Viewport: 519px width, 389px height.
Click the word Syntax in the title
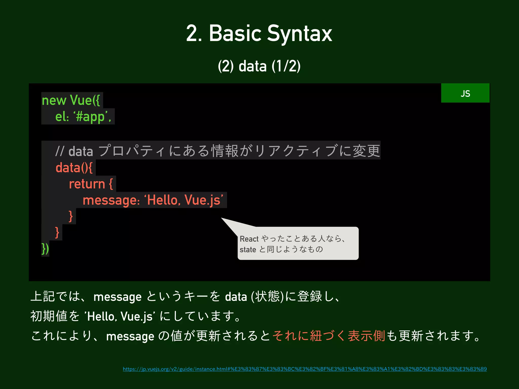(x=300, y=34)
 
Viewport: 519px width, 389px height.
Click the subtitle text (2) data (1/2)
(x=259, y=66)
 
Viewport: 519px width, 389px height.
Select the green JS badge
(x=465, y=93)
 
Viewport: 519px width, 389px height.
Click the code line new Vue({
(x=71, y=100)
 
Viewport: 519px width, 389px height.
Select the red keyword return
(x=87, y=184)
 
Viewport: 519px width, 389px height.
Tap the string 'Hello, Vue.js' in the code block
(x=184, y=200)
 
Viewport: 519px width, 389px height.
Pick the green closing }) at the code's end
(x=45, y=249)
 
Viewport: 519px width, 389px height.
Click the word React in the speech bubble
(x=249, y=239)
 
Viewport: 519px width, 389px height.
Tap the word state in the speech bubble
(x=248, y=250)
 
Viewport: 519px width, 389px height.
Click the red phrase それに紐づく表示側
(x=329, y=336)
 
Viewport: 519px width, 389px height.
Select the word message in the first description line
(x=117, y=297)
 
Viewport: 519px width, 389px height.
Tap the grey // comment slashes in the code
(x=60, y=151)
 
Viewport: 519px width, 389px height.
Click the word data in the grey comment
(x=81, y=151)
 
